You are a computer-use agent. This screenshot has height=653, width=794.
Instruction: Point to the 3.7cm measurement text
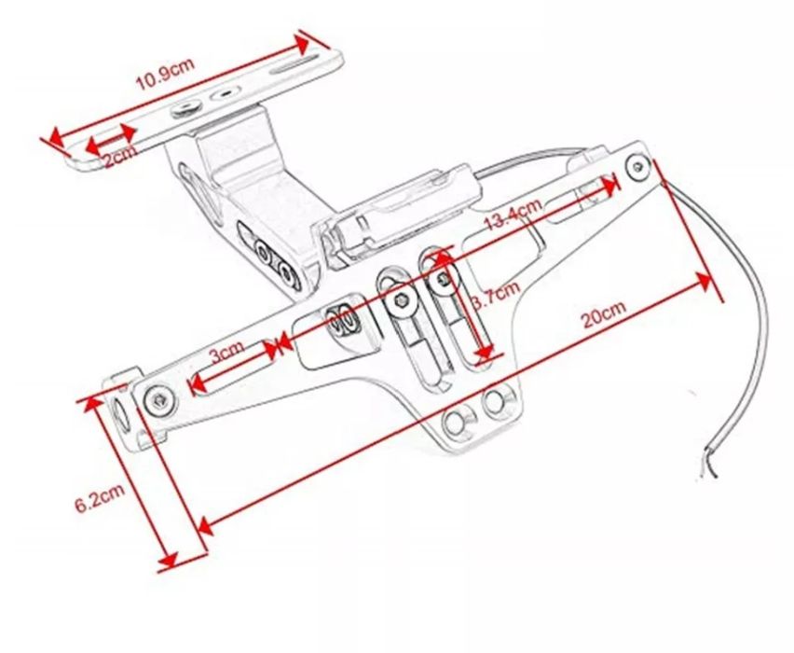tap(495, 298)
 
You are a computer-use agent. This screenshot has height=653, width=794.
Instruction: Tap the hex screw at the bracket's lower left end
tap(159, 399)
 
